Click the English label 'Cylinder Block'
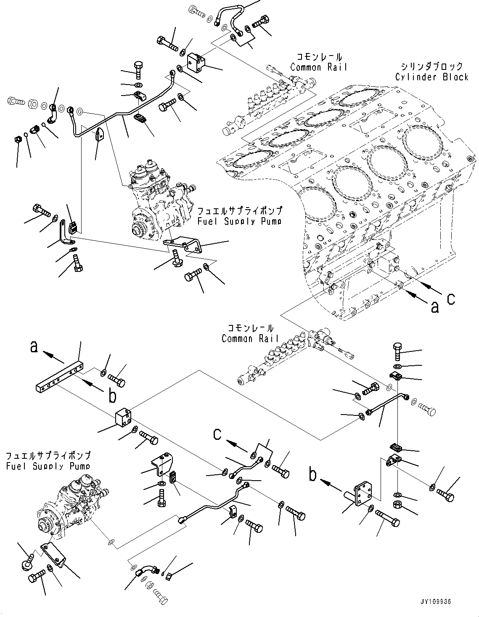click(431, 77)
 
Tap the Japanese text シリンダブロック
click(431, 66)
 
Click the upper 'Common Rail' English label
click(319, 67)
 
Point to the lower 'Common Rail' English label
click(250, 338)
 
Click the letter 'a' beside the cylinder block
click(434, 308)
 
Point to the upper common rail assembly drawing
click(269, 101)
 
